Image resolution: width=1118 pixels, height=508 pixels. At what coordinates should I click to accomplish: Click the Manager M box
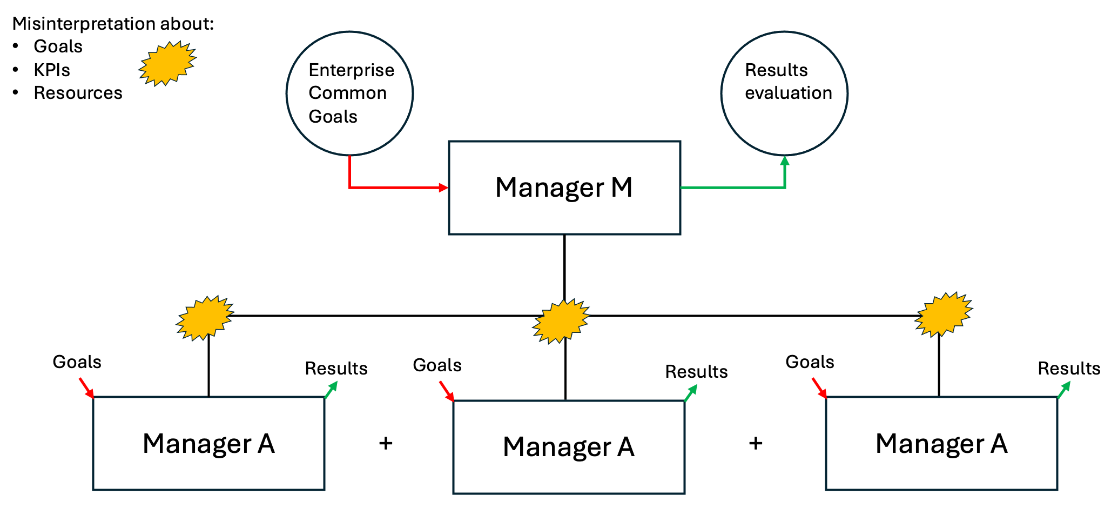(x=564, y=188)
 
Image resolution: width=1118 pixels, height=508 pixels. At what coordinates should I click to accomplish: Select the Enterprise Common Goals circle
(x=349, y=93)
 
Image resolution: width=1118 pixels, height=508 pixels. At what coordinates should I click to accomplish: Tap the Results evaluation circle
(x=784, y=93)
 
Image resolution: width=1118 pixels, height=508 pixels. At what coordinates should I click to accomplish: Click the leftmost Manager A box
(x=208, y=443)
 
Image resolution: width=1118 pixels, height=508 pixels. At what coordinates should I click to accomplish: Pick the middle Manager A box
(x=569, y=447)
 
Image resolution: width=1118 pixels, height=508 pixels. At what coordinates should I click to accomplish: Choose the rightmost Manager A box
(x=941, y=443)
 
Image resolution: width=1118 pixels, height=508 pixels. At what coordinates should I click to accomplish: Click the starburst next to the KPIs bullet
(x=167, y=63)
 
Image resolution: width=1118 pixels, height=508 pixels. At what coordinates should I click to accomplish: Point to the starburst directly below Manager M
(x=561, y=321)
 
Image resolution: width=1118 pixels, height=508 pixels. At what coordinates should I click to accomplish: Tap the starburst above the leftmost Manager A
(x=205, y=318)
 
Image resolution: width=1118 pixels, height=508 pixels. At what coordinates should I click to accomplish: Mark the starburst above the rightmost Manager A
(x=943, y=315)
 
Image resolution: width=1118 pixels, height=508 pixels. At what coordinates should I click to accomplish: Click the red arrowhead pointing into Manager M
(x=443, y=188)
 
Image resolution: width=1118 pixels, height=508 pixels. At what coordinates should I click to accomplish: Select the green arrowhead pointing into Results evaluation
(x=785, y=161)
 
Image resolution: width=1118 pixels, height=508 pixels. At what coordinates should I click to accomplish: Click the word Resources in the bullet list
(x=78, y=93)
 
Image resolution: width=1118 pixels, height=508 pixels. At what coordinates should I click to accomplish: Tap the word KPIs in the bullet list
(x=52, y=70)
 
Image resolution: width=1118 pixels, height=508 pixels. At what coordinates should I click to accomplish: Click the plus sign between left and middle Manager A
(x=386, y=443)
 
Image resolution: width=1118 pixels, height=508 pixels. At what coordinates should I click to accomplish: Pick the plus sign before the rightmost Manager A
(x=756, y=443)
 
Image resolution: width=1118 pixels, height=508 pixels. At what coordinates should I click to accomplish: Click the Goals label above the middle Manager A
(x=437, y=365)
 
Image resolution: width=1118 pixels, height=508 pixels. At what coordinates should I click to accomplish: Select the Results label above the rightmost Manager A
(x=1069, y=369)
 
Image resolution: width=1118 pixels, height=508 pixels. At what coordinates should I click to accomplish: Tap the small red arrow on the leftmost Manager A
(x=86, y=387)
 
